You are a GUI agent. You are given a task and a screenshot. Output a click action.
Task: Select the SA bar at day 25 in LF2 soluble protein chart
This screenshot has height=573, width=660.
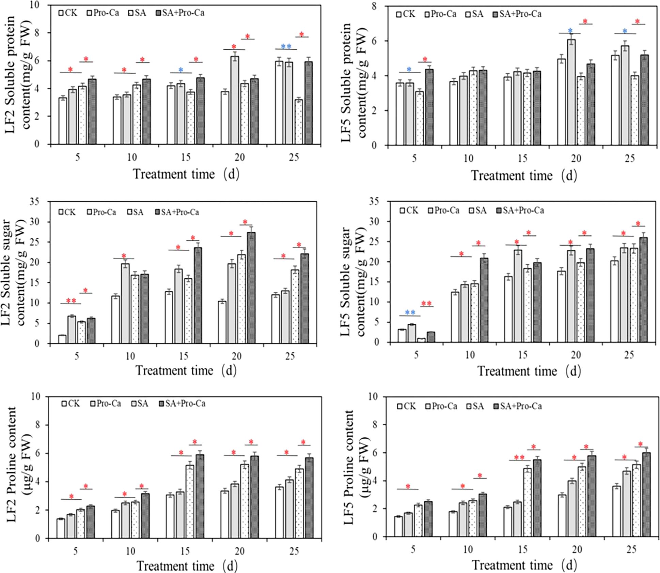pos(299,122)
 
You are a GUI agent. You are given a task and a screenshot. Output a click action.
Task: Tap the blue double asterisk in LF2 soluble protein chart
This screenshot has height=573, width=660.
pos(286,46)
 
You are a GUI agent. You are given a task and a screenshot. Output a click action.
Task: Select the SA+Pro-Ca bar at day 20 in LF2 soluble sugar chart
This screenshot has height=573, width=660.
pos(251,288)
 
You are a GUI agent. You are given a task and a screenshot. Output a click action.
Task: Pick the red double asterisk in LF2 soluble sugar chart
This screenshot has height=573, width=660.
pos(71,301)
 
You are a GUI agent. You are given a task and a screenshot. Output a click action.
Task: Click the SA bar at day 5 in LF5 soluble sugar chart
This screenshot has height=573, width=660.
pos(422,340)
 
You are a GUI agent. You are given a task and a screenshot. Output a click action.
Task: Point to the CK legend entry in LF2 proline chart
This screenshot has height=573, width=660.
pos(70,404)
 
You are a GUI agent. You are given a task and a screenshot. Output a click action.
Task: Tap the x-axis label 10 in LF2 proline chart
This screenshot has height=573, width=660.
pos(131,552)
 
